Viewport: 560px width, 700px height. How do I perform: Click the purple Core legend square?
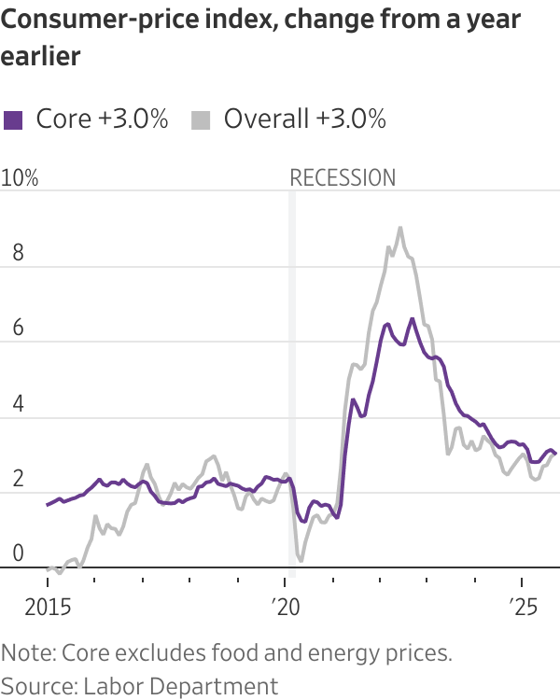tap(13, 119)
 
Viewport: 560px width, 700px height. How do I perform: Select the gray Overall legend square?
tap(201, 119)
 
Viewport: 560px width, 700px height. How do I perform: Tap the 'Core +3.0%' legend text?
tap(102, 119)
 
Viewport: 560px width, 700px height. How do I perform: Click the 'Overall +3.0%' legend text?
tap(304, 119)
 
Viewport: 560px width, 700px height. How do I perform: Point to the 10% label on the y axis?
tap(20, 178)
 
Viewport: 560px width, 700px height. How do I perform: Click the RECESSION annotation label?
tap(343, 178)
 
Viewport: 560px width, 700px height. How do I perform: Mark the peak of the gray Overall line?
tap(400, 228)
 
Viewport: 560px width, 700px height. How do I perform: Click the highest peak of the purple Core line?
tap(412, 319)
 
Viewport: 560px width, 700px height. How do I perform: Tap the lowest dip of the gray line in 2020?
tap(301, 560)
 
